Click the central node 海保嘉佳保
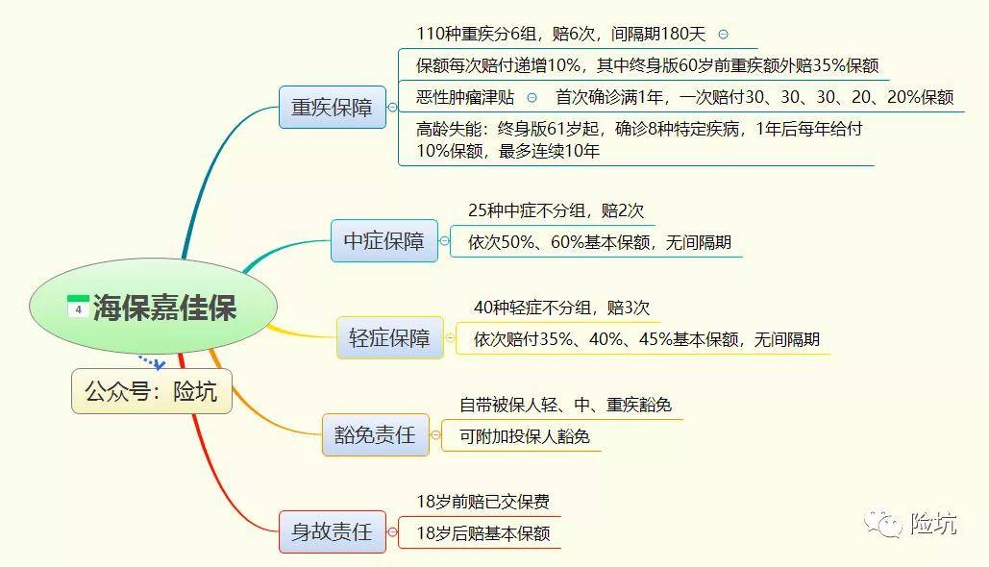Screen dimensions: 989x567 coord(153,307)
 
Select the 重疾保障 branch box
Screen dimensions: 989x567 coord(333,108)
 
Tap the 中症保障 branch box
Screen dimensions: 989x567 coord(384,241)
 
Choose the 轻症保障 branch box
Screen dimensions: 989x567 coord(390,338)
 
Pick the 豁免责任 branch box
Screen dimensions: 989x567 coord(375,435)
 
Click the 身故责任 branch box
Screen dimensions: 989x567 coord(333,531)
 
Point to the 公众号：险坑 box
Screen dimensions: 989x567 coord(152,392)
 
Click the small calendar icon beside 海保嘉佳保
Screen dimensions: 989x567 coord(78,307)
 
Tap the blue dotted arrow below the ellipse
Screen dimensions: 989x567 coord(152,362)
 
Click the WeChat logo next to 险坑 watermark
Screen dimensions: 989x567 coord(883,524)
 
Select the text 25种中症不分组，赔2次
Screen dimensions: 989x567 coord(556,210)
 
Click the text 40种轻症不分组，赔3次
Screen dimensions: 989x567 coord(561,308)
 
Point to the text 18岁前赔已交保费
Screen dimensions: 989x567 coord(483,502)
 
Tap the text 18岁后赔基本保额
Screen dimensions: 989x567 coord(483,534)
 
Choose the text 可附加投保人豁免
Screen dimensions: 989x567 coord(524,437)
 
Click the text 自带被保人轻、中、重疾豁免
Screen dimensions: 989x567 coord(565,405)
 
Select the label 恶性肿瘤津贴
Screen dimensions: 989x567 coord(465,98)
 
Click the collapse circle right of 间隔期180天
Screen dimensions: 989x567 coord(724,35)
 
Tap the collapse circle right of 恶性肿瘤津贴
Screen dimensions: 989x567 coord(532,98)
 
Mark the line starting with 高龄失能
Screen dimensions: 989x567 coord(639,140)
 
